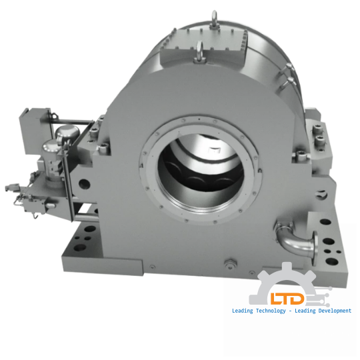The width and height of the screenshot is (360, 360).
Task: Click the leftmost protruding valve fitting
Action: pos(8,189)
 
